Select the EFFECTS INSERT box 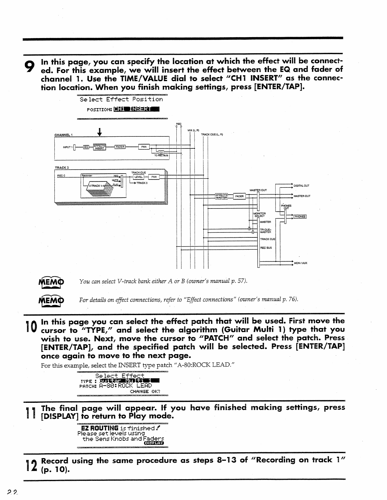point(99,147)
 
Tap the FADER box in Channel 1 point(120,147)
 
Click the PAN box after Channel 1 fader point(144,147)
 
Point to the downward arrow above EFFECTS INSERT point(99,132)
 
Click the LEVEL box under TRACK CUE point(138,177)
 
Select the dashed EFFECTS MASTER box point(222,196)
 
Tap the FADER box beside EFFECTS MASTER point(239,196)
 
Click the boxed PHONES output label point(300,216)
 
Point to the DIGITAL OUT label point(301,186)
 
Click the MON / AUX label point(301,263)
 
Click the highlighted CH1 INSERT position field point(136,109)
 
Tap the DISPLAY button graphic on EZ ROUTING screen point(153,443)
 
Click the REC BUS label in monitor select point(266,248)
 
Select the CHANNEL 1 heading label point(64,135)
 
